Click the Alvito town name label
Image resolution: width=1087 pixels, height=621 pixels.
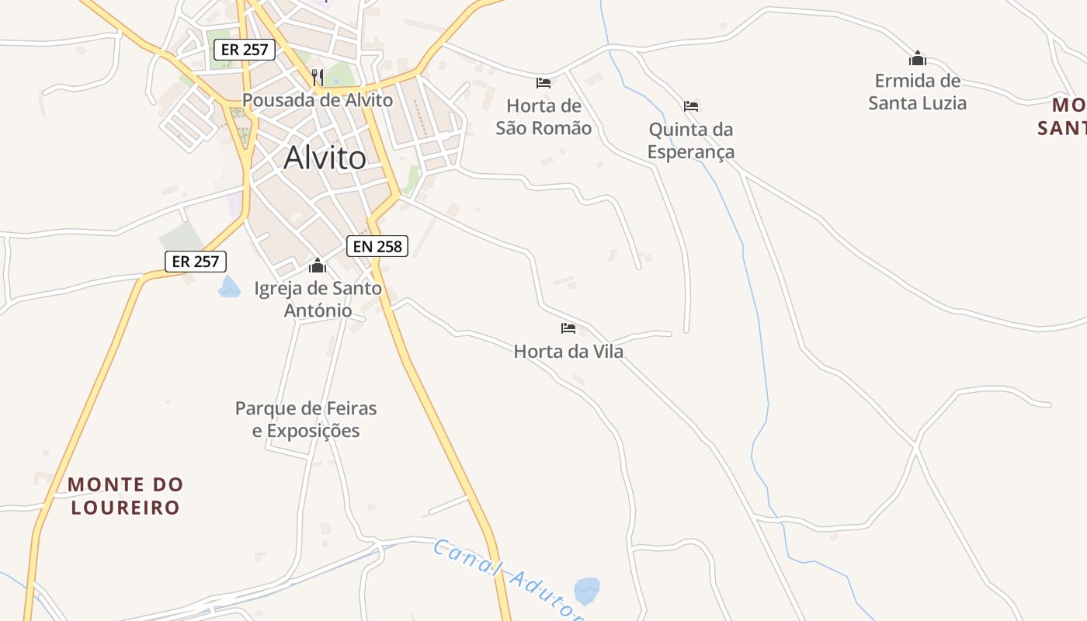(325, 158)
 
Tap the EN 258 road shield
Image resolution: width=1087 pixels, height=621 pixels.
(377, 247)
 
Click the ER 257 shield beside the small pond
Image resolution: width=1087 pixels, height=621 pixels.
(196, 262)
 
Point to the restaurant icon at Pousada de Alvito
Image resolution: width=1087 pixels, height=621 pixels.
(317, 77)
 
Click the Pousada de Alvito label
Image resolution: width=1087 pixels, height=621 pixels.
(318, 100)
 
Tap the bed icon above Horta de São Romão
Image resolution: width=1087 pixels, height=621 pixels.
(543, 83)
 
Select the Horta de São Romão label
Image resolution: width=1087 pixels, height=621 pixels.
(543, 117)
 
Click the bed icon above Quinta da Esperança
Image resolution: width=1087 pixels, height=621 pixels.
(691, 106)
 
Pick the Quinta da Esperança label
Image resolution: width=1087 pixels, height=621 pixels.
(691, 141)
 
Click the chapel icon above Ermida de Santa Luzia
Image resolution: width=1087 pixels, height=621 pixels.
(918, 58)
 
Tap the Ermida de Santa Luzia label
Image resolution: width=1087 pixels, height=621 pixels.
(918, 92)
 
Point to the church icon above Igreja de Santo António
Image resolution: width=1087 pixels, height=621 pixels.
(317, 266)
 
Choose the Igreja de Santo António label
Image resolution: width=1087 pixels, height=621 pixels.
(318, 300)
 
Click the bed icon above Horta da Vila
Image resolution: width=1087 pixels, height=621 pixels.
(568, 328)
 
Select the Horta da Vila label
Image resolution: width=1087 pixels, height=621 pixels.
(568, 352)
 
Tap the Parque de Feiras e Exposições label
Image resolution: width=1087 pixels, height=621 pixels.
(306, 419)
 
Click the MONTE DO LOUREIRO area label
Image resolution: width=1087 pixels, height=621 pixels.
(126, 496)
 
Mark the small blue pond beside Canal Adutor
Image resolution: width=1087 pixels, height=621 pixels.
(587, 590)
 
